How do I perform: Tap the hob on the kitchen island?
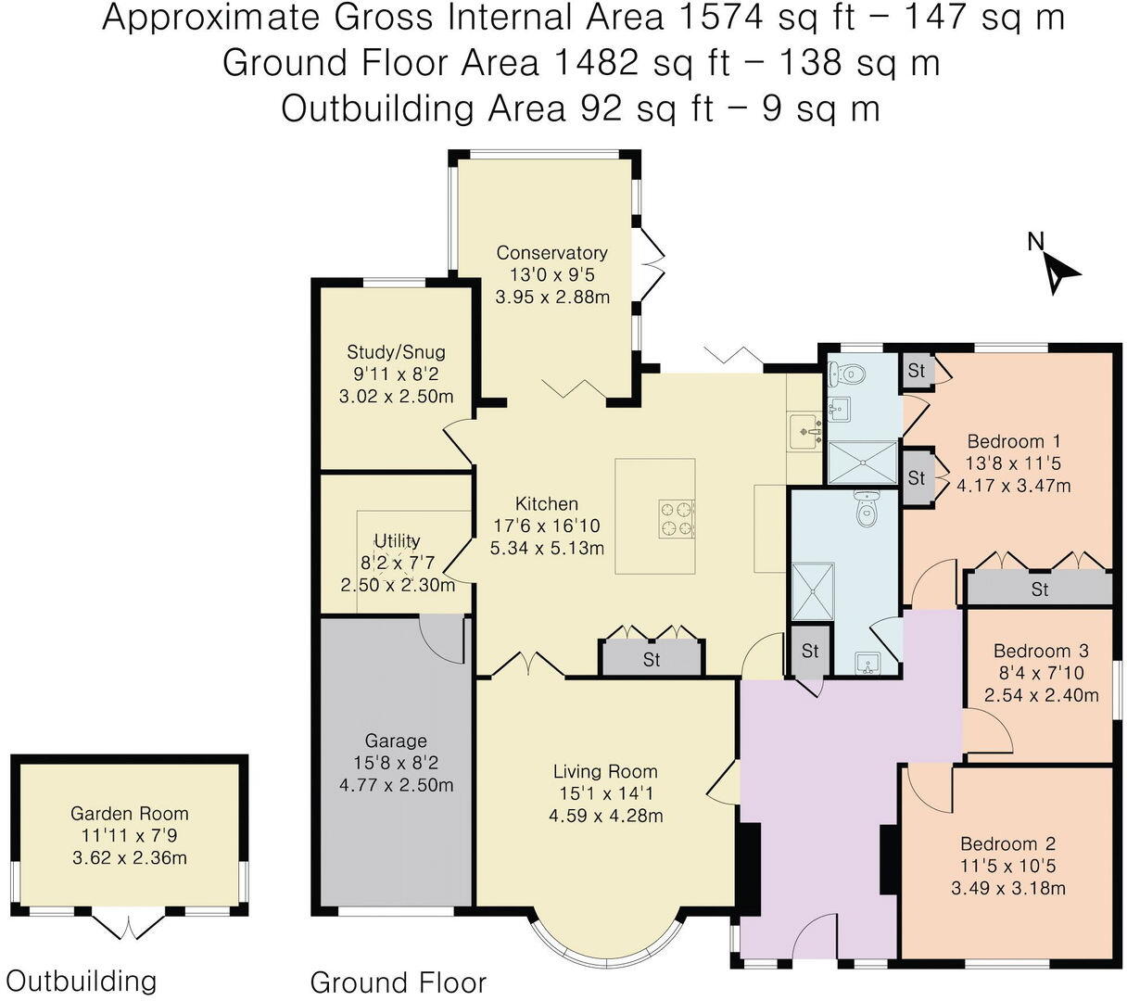coord(676,519)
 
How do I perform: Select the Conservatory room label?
coord(551,253)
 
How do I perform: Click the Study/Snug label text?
coord(396,351)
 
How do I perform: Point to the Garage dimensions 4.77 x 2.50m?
coord(396,785)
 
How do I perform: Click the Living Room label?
coord(604,771)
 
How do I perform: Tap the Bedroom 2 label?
coord(1007,843)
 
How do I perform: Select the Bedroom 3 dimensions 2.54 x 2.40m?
coord(1041,695)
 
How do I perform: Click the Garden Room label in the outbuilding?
coord(129,814)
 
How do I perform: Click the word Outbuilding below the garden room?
coord(82,980)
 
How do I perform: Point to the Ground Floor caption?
coord(398,982)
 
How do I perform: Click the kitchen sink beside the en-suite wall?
coord(804,431)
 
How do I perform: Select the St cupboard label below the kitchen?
coord(651,659)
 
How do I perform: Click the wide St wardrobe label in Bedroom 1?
coord(1039,589)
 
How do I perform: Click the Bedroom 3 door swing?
coord(987,730)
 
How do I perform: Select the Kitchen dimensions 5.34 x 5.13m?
coord(547,548)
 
